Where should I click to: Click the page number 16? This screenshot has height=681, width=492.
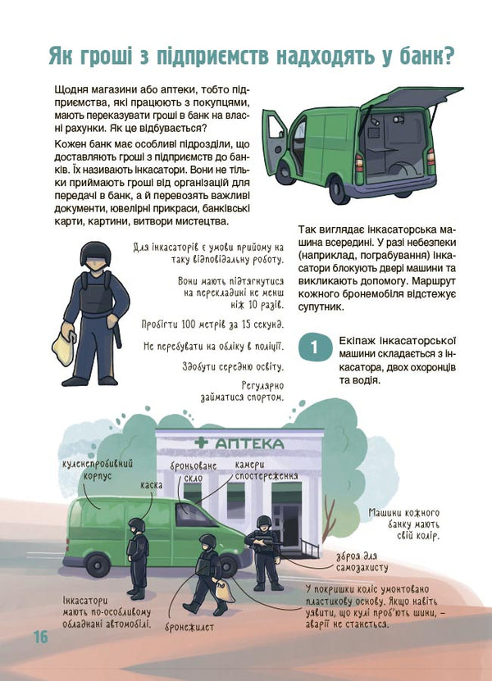(x=40, y=637)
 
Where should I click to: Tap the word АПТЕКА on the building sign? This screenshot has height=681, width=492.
(x=250, y=443)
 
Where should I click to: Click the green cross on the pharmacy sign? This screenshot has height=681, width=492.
(x=200, y=443)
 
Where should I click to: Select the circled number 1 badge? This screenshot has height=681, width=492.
(x=316, y=347)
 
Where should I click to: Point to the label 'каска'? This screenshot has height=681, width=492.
(x=150, y=484)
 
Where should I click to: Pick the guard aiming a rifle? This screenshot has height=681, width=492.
(x=265, y=551)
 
